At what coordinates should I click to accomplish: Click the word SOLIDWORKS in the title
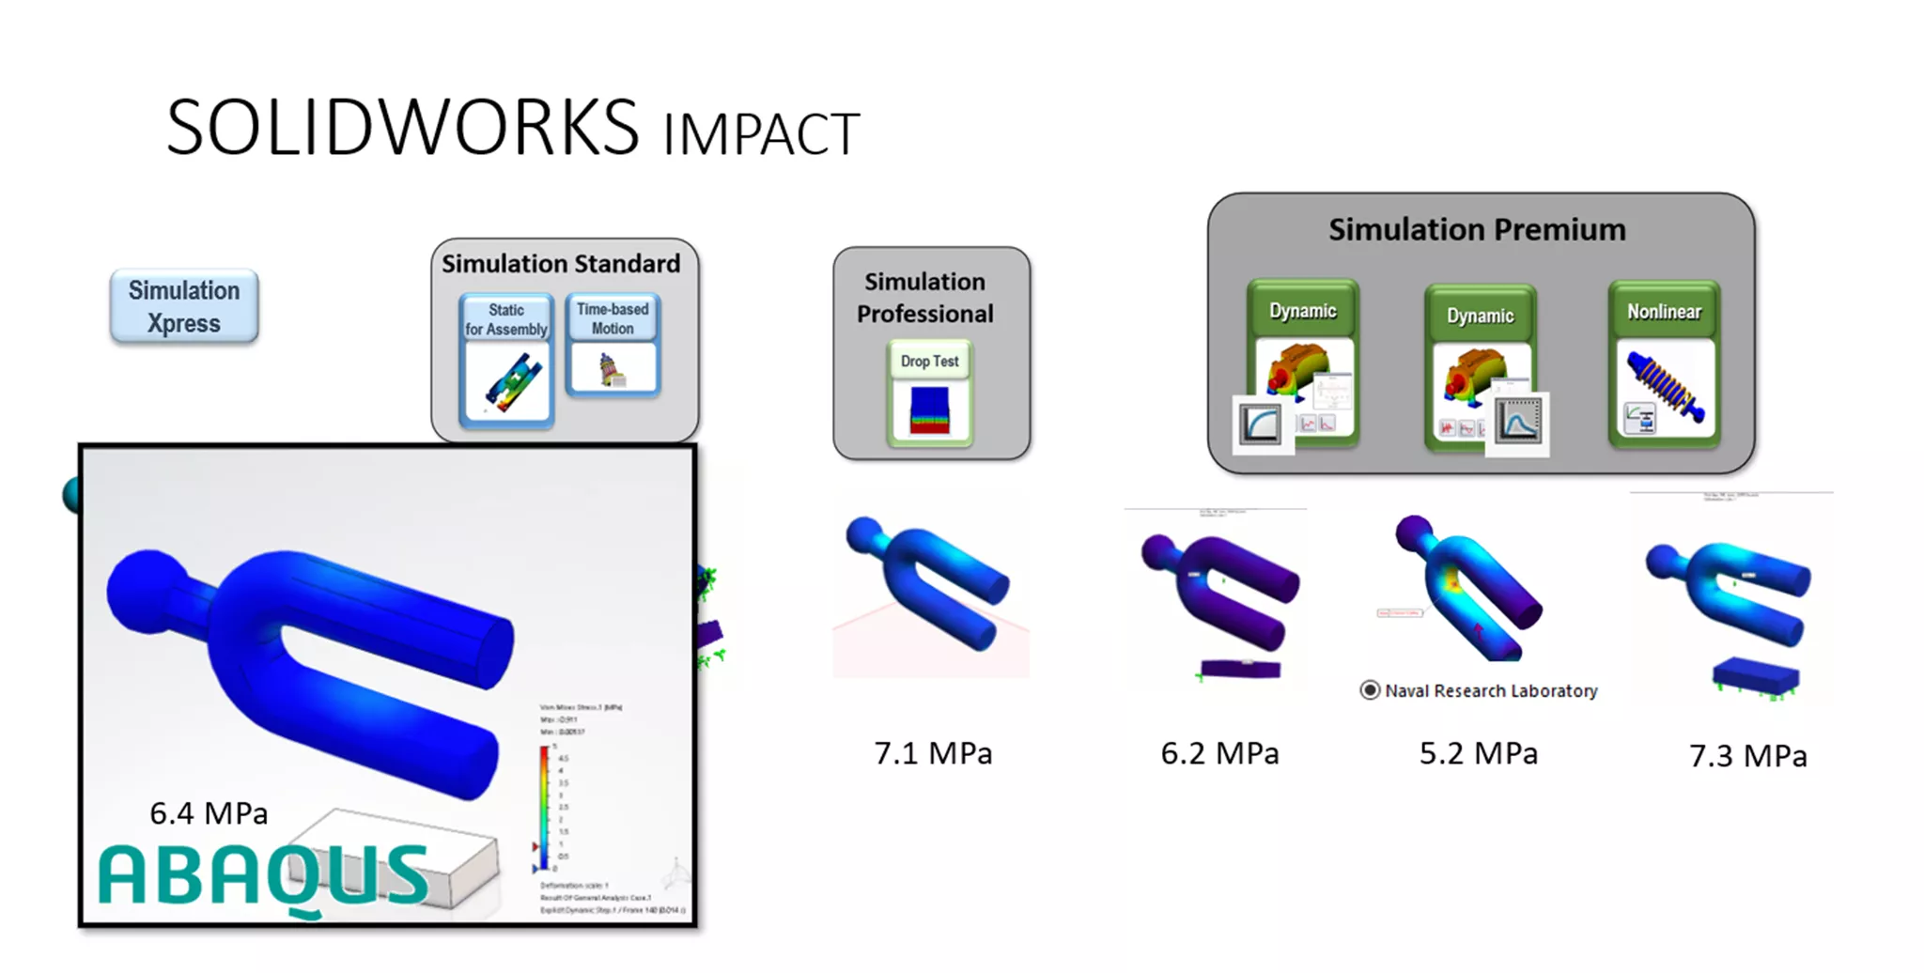point(402,128)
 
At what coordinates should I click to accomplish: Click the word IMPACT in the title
point(761,134)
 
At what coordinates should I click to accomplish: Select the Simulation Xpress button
point(184,307)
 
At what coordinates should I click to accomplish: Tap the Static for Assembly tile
point(506,361)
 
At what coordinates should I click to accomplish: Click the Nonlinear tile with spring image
point(1664,364)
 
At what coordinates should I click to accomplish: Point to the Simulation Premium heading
point(1477,230)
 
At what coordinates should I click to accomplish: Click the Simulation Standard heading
point(561,264)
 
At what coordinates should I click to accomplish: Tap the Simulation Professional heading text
point(924,298)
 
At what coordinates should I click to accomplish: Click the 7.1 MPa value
point(933,753)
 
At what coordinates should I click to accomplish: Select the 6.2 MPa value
point(1219,753)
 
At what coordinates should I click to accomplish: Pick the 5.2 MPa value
point(1478,753)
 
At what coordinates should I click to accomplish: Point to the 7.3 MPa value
point(1747,756)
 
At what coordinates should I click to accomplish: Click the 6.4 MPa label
point(209,813)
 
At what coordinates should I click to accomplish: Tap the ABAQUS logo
point(263,875)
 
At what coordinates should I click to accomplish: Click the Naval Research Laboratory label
point(1490,691)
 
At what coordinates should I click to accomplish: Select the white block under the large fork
point(413,850)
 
